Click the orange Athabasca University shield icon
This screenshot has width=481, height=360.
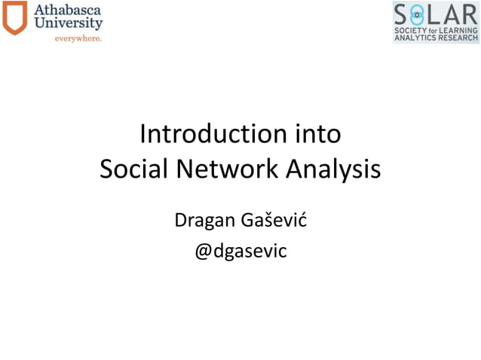14,18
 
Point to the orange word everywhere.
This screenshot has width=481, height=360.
77,38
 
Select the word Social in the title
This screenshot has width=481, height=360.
133,169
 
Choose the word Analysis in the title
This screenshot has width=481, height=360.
333,169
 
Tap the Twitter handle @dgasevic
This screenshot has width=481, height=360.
240,252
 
